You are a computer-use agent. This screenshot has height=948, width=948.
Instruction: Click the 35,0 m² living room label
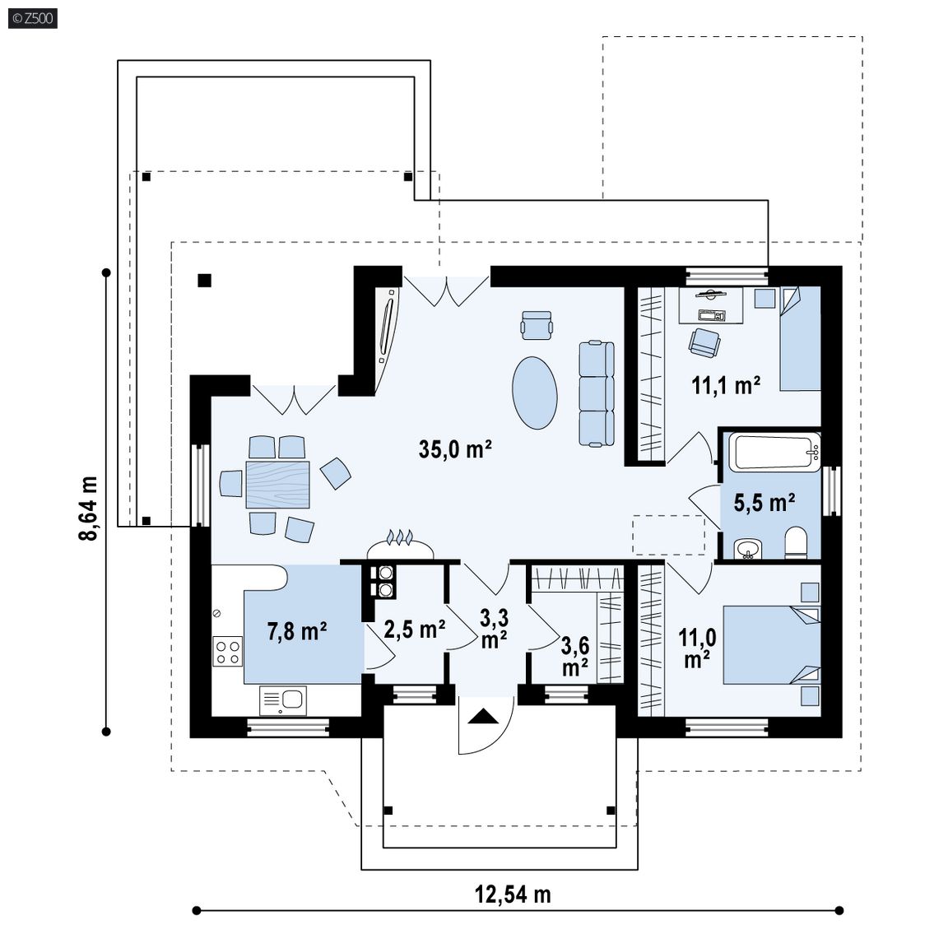tap(455, 449)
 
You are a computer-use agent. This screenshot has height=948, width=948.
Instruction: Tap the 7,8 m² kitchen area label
tap(297, 631)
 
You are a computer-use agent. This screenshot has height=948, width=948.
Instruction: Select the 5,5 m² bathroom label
tap(764, 503)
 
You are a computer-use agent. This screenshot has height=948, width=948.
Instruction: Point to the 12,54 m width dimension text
tap(513, 895)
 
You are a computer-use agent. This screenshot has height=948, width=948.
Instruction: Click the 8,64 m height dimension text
tap(88, 509)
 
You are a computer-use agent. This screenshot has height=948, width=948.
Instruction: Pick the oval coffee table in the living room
tap(534, 393)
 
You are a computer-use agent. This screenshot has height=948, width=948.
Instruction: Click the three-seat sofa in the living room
tap(597, 393)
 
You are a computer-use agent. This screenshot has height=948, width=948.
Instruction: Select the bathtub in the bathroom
tap(774, 451)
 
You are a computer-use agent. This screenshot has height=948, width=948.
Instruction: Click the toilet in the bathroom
tap(796, 542)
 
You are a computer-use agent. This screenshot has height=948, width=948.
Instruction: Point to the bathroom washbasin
tap(749, 549)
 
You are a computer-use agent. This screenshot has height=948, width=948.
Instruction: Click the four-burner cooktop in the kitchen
tap(228, 651)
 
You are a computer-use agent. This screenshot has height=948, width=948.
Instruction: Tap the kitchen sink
tap(283, 700)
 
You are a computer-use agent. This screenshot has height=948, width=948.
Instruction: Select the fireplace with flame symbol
tap(400, 546)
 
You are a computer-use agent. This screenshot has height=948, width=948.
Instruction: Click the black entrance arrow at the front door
tap(483, 717)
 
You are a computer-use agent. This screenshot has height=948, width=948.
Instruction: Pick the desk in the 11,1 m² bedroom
tap(711, 305)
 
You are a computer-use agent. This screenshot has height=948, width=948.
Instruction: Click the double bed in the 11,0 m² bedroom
tap(771, 645)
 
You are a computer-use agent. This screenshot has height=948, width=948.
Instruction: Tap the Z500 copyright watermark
tap(33, 18)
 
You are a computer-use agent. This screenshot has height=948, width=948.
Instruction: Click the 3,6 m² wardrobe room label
tap(575, 656)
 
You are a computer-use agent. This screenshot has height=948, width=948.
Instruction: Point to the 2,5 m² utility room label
tap(416, 630)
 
